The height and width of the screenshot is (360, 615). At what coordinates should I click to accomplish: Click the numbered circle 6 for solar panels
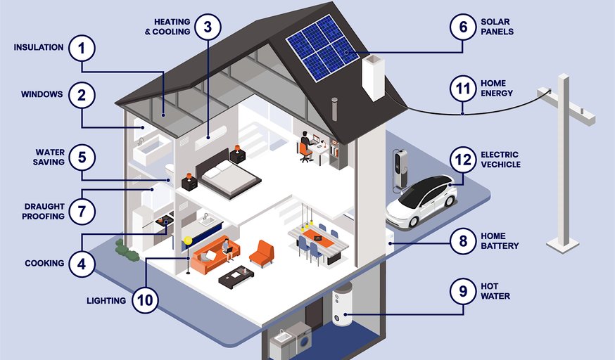(463, 27)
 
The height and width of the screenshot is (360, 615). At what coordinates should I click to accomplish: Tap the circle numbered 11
(463, 89)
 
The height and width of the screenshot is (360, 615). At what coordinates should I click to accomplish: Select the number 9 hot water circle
(463, 291)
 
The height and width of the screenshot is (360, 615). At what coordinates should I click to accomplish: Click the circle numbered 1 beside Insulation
(82, 49)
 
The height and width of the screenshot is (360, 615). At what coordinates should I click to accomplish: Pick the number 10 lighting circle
(145, 300)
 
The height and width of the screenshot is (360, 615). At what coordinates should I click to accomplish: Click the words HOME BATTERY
(500, 241)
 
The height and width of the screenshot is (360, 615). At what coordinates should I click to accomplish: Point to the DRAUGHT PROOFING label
(43, 211)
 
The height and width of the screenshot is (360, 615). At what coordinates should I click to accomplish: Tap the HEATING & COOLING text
(167, 27)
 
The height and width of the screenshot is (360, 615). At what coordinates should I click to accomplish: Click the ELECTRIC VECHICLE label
(500, 160)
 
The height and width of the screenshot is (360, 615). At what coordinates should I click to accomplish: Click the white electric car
(421, 201)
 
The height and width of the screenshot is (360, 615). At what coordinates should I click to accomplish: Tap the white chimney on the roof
(373, 77)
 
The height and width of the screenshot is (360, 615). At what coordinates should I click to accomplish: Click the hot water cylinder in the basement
(343, 304)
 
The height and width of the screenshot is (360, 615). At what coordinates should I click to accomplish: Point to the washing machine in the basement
(300, 337)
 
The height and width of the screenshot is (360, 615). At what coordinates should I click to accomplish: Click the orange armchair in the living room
(262, 253)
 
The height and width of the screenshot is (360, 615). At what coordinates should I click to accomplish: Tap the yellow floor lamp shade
(188, 240)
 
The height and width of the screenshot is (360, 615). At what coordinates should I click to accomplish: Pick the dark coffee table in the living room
(236, 276)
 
